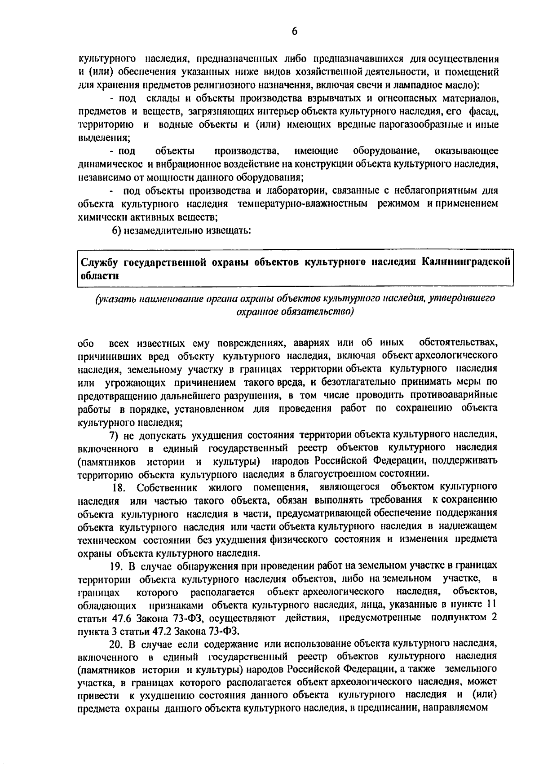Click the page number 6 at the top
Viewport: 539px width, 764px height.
tap(294, 31)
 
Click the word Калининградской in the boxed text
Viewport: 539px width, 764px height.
tap(467, 261)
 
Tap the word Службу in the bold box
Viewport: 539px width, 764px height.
tap(99, 262)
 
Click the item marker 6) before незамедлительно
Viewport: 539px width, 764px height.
tap(117, 231)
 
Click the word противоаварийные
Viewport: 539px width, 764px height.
tap(455, 395)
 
